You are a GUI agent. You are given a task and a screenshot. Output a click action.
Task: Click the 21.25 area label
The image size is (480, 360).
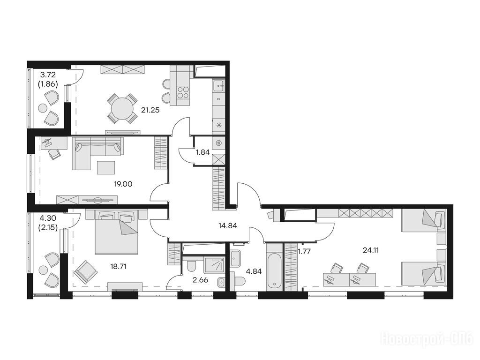pos(150,110)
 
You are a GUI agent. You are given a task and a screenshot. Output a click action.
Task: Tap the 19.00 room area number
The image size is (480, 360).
pos(123,184)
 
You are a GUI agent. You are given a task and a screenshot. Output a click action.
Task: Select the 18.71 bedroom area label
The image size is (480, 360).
pos(118,266)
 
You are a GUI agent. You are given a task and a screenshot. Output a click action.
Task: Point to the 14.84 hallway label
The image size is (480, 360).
pos(228,226)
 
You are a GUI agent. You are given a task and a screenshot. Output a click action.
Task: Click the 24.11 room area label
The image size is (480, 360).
pos(371,250)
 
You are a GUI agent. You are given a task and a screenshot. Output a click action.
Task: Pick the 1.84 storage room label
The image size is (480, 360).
pos(202,152)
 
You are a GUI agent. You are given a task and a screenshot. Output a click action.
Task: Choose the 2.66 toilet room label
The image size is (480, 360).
pos(201,279)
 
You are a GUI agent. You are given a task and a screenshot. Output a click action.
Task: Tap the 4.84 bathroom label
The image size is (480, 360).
pos(254,271)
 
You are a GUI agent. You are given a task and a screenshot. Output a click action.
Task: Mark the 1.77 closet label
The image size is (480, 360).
pos(304,252)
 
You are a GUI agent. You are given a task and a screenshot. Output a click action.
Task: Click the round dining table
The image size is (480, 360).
pos(122,108)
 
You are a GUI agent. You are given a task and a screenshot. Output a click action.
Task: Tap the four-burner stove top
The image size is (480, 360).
pos(183,92)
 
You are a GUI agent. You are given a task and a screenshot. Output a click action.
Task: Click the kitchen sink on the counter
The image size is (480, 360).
pos(218,86)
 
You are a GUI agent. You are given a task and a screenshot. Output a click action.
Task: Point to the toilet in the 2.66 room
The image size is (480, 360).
pos(192,265)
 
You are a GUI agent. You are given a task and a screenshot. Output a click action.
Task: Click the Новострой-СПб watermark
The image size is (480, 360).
pos(427,339)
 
